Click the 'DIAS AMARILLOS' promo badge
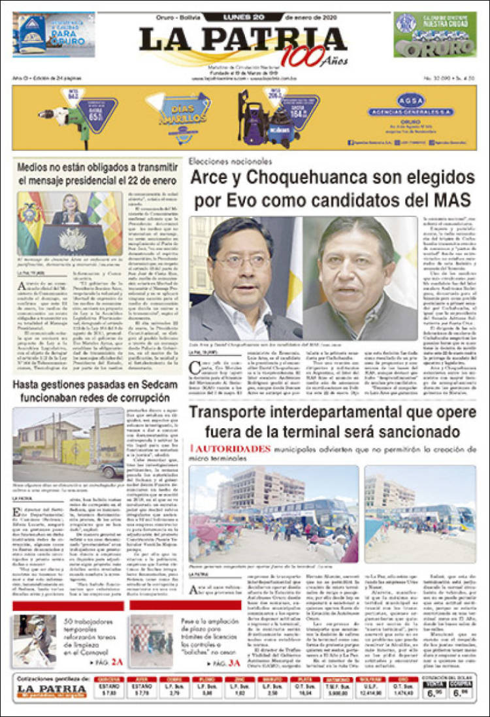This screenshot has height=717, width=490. [x=178, y=112]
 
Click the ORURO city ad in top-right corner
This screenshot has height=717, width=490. [x=434, y=34]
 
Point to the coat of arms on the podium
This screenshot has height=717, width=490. [x=71, y=241]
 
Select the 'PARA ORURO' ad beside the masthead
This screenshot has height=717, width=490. [x=54, y=34]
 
